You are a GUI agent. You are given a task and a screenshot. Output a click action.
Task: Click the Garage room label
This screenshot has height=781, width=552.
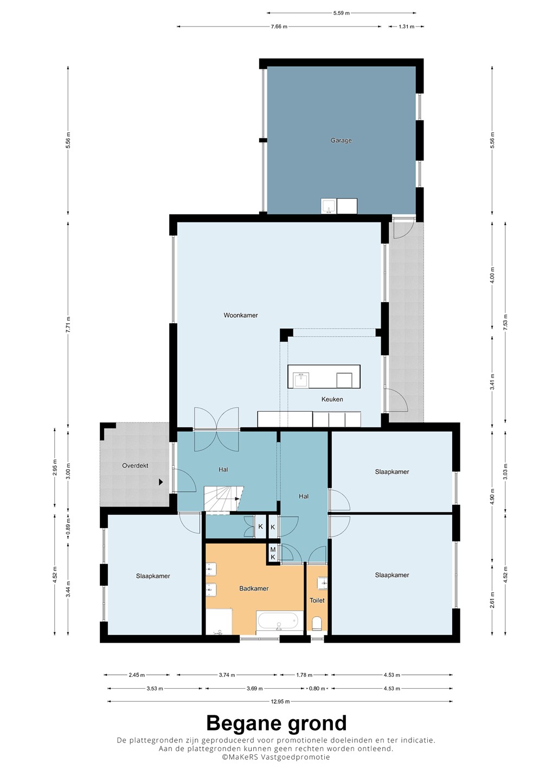(x=341, y=140)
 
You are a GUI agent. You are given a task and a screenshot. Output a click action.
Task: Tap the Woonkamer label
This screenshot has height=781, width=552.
(x=240, y=315)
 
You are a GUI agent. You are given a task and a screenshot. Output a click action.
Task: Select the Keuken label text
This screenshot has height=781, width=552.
(x=332, y=399)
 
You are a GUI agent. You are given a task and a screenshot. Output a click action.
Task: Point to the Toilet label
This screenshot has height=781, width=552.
(x=317, y=600)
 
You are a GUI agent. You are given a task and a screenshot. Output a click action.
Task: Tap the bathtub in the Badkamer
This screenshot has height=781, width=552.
(x=280, y=621)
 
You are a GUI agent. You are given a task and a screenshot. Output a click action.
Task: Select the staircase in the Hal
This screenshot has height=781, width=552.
(x=223, y=500)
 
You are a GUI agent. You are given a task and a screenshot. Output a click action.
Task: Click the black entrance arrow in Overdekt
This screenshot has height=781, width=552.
(x=161, y=482)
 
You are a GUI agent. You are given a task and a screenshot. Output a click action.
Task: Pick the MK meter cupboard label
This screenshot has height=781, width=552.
(x=273, y=554)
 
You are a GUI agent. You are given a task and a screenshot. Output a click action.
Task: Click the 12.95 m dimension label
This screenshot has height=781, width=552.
(x=280, y=701)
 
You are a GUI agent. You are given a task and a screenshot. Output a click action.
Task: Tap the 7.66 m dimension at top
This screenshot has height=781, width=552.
(x=279, y=27)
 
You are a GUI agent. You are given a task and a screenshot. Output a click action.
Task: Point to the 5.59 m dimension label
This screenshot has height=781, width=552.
(x=341, y=13)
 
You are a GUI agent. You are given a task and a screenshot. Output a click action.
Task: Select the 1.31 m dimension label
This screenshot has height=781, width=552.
(x=406, y=27)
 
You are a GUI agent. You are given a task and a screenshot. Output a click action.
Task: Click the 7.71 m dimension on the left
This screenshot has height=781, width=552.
(x=68, y=324)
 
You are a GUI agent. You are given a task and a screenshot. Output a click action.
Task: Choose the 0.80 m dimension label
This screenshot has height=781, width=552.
(x=317, y=688)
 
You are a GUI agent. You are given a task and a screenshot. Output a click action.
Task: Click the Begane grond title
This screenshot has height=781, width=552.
(x=277, y=723)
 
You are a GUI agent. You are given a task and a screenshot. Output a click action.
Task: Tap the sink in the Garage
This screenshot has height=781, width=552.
(x=328, y=206)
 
